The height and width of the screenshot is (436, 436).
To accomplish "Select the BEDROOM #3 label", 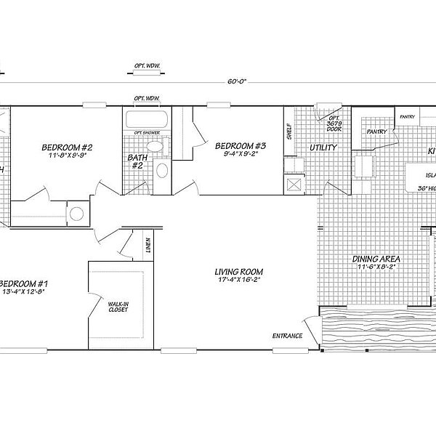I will pos(241,145).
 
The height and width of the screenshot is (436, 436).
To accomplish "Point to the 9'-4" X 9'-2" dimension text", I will pos(241,154).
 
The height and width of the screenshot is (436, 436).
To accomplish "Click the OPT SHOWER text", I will pos(146,132).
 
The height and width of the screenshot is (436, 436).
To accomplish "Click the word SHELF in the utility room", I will pos(289,132).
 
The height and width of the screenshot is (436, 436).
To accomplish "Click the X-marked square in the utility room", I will pos(294,184).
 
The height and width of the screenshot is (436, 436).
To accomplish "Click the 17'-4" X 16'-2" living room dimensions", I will pos(238,279).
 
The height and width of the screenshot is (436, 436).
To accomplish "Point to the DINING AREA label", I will pos(377,259).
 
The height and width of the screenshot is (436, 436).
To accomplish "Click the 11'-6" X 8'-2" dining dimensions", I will pos(377,267).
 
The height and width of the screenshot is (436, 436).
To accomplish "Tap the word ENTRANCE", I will pos(287,335).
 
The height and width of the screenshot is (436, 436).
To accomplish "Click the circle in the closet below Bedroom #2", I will pos(78,214).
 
